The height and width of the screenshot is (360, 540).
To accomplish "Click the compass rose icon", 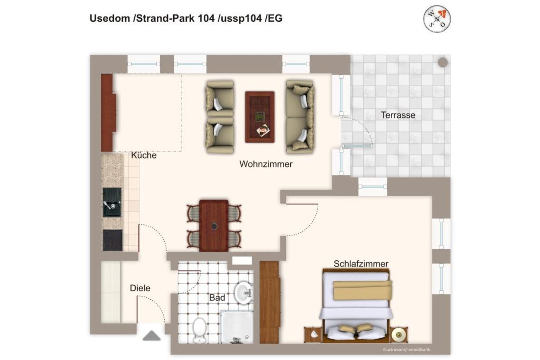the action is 437,19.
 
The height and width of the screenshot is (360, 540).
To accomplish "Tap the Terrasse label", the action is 398,115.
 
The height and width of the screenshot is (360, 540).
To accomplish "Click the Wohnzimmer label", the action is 266,164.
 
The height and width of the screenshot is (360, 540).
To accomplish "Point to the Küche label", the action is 144,155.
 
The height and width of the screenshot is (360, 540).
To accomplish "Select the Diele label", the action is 140,288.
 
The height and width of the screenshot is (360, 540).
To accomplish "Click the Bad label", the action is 217,297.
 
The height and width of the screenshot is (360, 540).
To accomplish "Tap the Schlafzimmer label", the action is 361,264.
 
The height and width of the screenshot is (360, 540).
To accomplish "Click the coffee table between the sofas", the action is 259,117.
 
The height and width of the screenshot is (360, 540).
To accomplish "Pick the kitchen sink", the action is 112,202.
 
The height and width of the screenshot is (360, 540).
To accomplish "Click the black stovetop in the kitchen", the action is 112,240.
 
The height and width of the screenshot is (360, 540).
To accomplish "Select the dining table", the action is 214,226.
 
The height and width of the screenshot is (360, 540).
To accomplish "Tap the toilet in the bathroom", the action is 199,330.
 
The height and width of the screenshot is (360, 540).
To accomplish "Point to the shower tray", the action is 237,327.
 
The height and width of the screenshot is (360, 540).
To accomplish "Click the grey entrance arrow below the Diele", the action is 151,336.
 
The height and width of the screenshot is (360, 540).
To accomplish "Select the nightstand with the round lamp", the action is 399,334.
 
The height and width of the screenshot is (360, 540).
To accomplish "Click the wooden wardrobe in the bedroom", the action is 269,302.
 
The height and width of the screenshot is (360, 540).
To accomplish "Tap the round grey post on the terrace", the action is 442,62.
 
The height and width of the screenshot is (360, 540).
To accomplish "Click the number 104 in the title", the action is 206,18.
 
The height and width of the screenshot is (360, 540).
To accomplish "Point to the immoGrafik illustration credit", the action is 406,349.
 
